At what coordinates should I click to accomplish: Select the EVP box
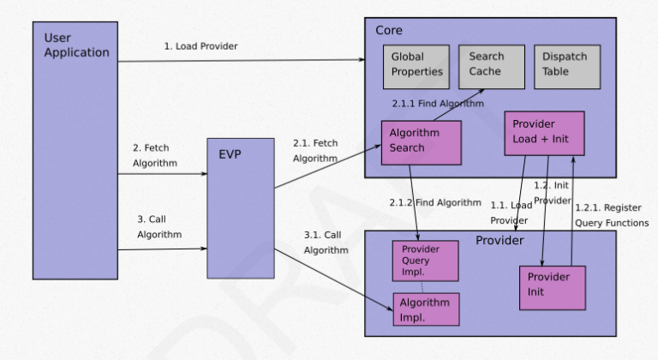point(241,207)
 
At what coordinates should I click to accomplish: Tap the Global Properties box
point(417,65)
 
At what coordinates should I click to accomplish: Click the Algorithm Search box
point(421,141)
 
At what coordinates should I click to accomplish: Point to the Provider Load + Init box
point(544,133)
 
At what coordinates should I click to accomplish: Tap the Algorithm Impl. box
point(426,309)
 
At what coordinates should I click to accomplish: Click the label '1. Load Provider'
point(201,46)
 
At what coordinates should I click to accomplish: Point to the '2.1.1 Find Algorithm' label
point(438,104)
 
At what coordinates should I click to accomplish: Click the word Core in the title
point(390,31)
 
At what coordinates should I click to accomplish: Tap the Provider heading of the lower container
point(499,240)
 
